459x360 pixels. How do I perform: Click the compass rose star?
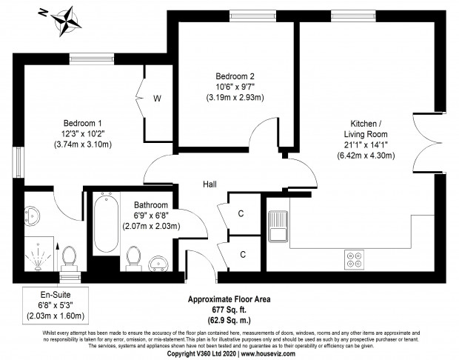click(67, 21)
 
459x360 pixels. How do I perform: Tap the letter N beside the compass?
click(43, 13)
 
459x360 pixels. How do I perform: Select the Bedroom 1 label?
click(83, 123)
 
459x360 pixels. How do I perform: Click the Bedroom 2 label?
click(235, 76)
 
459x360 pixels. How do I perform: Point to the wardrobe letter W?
click(157, 99)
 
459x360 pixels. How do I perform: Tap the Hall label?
click(210, 184)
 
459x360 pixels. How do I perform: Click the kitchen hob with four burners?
click(354, 260)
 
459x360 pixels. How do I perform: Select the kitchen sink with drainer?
click(278, 226)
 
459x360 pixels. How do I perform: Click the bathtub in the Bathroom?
click(107, 224)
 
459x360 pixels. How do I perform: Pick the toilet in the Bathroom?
click(133, 259)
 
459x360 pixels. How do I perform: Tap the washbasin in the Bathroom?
click(158, 264)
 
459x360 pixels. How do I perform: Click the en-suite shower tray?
click(39, 254)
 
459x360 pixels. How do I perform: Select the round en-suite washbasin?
click(32, 216)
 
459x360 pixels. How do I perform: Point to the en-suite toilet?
click(69, 259)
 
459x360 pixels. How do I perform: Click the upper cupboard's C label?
click(241, 213)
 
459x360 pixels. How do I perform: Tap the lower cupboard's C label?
click(243, 255)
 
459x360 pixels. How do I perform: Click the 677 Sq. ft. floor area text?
click(229, 310)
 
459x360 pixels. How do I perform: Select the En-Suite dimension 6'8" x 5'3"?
click(56, 305)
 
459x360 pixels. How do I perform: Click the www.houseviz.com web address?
click(268, 354)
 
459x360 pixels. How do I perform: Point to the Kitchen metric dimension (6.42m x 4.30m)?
click(366, 156)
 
